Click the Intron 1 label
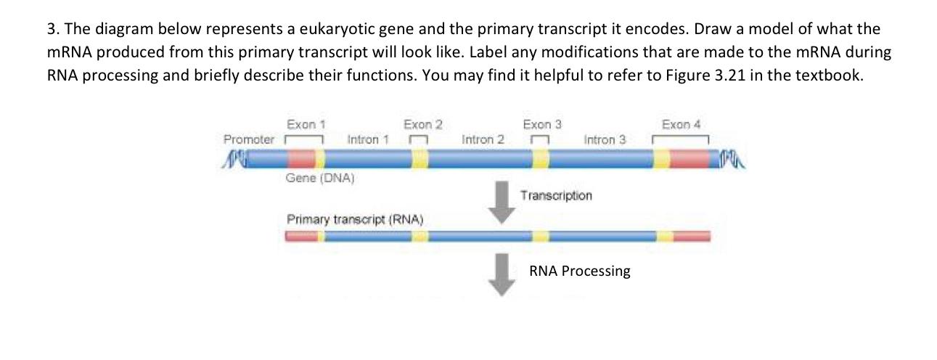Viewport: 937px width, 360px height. pos(369,139)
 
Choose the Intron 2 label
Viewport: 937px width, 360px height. pos(483,139)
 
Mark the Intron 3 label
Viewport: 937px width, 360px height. pos(605,139)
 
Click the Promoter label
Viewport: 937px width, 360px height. pos(249,139)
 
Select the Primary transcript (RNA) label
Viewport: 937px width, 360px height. pos(355,218)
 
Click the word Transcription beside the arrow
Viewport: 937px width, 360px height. pos(556,195)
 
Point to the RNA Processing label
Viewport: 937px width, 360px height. pos(580,271)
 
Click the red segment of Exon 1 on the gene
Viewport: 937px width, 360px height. pos(301,160)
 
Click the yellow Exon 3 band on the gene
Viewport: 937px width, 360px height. pos(541,160)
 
